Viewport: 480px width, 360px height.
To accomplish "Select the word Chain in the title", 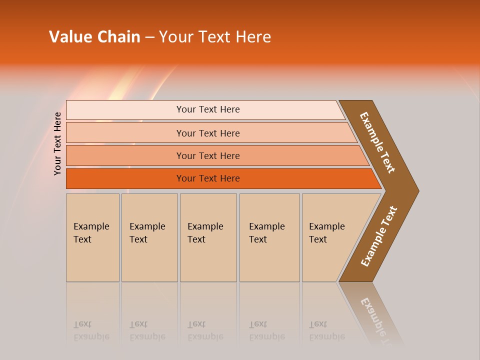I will [x=119, y=37].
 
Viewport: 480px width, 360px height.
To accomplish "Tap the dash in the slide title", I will [x=149, y=37].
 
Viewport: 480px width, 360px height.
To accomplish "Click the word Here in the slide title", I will [x=253, y=37].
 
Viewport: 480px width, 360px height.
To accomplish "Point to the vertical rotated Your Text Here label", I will [x=57, y=143].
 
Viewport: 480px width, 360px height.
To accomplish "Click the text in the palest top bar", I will [x=208, y=109].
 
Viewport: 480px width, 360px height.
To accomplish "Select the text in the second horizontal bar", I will [x=208, y=133].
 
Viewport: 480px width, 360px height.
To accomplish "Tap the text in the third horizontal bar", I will [x=208, y=155].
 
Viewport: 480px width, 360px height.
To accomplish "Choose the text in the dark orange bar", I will [x=208, y=178].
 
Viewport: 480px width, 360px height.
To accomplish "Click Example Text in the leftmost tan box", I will [x=91, y=233].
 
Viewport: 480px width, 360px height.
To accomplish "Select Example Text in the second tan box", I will [x=147, y=233].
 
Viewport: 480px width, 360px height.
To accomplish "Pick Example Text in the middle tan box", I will [x=205, y=233].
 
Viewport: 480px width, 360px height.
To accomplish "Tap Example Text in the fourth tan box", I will [x=266, y=233].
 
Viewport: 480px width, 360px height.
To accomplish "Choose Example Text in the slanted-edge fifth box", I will [x=326, y=233].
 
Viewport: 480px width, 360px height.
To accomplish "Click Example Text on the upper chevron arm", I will [x=377, y=142].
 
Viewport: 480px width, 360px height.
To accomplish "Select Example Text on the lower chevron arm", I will [x=379, y=236].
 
